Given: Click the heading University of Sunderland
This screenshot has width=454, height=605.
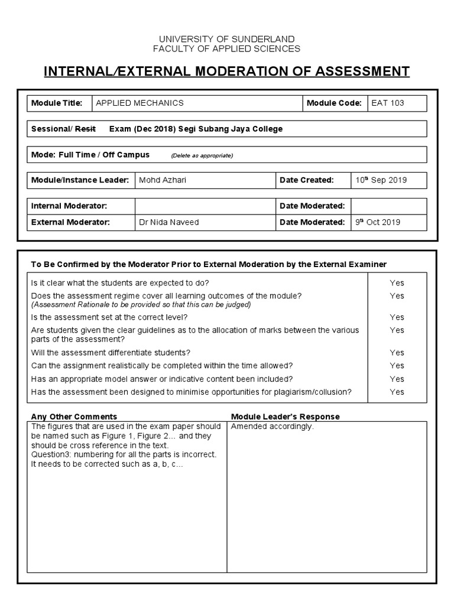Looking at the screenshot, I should (226, 39).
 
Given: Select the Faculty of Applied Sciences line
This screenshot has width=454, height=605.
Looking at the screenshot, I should (226, 48).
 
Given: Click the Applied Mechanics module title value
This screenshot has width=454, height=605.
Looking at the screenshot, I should (140, 103).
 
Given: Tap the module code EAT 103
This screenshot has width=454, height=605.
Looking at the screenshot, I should (388, 103).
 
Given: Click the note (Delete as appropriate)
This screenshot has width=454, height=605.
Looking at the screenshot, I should (202, 155).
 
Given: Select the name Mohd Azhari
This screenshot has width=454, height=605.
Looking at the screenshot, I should (162, 180).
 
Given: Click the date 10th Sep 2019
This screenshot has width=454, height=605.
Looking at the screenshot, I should (381, 180).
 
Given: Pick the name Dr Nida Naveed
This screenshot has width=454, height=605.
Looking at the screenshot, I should (168, 222).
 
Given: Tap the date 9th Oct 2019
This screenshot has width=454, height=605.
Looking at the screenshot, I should (378, 222).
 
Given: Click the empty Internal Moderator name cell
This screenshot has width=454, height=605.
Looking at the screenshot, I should (204, 206).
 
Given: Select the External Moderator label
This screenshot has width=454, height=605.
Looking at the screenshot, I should (70, 222).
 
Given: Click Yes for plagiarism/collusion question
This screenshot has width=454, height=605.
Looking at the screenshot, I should (397, 392).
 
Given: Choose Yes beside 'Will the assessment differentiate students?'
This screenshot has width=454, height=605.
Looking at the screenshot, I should (397, 352).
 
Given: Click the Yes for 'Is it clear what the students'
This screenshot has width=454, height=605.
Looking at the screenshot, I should (397, 282).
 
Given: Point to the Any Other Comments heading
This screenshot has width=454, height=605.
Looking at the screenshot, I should (74, 417).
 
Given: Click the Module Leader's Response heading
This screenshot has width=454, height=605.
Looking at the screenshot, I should (285, 417).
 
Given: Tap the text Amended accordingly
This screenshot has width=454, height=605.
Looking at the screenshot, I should (273, 427).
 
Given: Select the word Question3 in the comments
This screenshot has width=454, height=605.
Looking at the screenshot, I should (51, 454).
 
